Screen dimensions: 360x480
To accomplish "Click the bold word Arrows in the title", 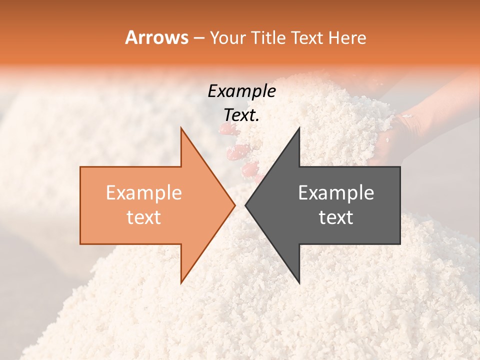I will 157,37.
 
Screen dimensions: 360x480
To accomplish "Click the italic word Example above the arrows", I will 241,91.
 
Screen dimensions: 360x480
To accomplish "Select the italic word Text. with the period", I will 241,115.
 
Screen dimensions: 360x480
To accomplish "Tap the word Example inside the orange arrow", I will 144,193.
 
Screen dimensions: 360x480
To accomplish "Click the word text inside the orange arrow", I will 144,217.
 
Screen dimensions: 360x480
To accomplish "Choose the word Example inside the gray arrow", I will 336,193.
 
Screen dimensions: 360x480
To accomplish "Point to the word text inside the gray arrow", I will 336,217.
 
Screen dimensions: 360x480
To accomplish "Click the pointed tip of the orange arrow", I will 234,205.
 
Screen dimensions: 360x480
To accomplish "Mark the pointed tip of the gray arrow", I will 245,205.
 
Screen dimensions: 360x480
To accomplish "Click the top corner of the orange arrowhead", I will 181,128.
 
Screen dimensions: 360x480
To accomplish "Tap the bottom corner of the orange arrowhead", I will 181,283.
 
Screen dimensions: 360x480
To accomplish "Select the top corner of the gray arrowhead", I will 299,128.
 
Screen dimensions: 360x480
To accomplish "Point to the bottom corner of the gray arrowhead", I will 299,283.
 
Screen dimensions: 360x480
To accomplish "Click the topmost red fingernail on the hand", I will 227,129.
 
